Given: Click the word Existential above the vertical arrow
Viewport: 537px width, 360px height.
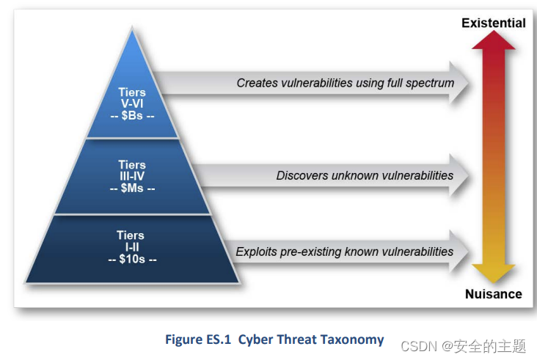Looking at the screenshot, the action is tap(494, 23).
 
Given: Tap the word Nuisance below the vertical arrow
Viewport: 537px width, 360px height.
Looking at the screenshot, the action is tap(494, 294).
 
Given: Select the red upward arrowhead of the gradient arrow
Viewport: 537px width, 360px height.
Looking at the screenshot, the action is tap(494, 40).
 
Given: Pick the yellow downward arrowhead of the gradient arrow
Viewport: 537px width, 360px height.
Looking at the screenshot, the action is tap(494, 273).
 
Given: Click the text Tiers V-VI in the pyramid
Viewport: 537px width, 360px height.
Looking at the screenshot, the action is tap(132, 98).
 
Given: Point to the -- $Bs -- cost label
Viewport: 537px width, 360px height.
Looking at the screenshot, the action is tap(132, 116).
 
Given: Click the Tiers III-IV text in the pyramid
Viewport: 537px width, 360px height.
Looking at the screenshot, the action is tap(132, 170).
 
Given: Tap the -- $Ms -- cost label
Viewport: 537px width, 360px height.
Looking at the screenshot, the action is tap(132, 188).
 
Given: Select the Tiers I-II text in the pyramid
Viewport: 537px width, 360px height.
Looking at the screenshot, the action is tap(131, 241).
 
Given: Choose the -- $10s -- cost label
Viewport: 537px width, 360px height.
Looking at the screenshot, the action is tap(132, 259).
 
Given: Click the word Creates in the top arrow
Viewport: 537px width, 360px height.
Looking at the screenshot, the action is tap(257, 83).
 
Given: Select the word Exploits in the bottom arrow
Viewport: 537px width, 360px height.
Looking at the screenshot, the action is tap(256, 252).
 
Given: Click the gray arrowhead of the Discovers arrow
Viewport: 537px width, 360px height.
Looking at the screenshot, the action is tap(459, 175).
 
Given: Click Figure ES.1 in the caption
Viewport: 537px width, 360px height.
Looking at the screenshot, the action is tap(198, 339).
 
